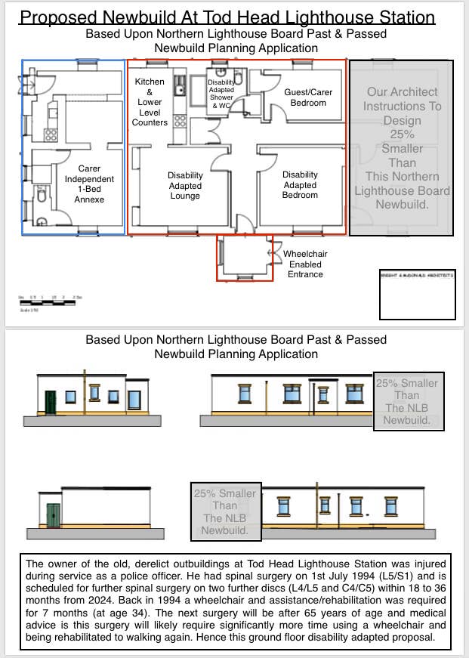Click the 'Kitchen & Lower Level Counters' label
click(x=150, y=102)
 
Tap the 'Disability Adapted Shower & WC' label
click(x=221, y=94)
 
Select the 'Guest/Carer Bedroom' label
click(x=307, y=97)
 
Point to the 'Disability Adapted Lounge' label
click(x=185, y=186)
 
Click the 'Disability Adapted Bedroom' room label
click(x=300, y=185)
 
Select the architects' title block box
click(x=417, y=295)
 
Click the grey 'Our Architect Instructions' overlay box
click(x=401, y=148)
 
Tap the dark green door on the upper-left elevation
click(x=51, y=402)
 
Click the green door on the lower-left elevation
click(x=53, y=515)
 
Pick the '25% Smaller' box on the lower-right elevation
click(x=226, y=512)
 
